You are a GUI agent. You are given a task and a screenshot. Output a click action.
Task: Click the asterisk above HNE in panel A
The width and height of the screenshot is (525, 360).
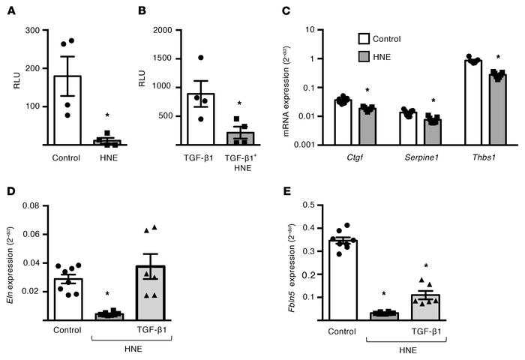[108, 115]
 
